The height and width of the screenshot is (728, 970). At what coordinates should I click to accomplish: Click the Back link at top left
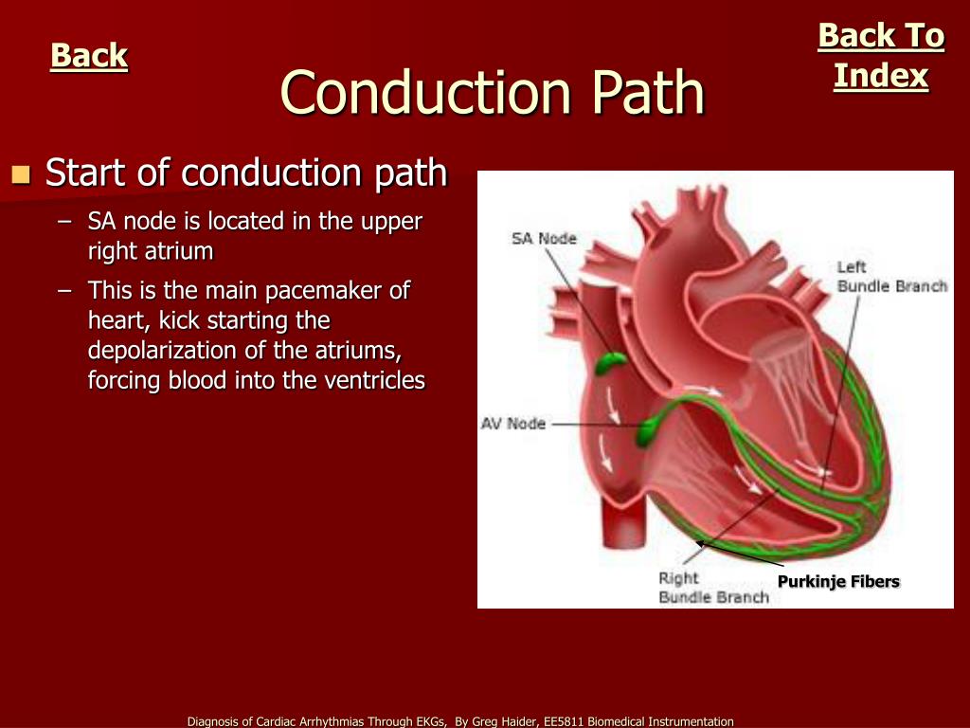(x=89, y=56)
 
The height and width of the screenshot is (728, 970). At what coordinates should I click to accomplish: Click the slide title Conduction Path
(x=493, y=93)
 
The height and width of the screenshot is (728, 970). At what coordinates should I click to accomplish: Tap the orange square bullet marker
(x=21, y=173)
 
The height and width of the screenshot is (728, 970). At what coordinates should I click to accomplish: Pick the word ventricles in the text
(x=379, y=380)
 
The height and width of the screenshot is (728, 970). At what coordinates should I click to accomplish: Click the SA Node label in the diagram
(x=544, y=239)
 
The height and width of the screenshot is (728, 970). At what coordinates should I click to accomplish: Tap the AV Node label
(x=513, y=424)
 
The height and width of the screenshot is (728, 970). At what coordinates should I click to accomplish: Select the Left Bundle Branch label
(x=890, y=277)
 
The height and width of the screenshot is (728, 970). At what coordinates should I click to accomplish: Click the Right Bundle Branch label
(x=713, y=588)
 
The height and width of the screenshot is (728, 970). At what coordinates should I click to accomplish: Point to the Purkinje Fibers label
(x=838, y=581)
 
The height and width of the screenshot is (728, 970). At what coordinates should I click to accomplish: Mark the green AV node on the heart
(x=651, y=430)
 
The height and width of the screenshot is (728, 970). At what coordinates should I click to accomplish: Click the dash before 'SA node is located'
(x=63, y=222)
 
